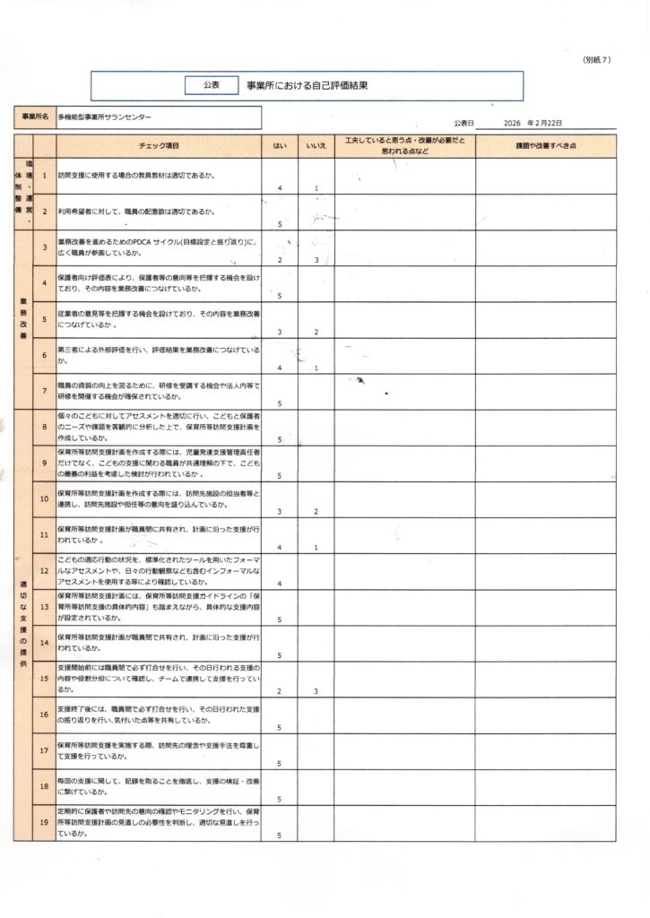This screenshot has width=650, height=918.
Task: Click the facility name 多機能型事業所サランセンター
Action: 105,117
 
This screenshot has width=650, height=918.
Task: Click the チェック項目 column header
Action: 160,145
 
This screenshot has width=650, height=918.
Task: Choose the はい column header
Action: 280,145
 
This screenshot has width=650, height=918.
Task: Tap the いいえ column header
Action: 316,145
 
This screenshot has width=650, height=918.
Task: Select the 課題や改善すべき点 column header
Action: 545,145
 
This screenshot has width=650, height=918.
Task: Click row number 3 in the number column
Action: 45,247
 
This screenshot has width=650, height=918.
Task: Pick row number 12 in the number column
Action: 45,570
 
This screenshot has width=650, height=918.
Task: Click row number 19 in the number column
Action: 45,821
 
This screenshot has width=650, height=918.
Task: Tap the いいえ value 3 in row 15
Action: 316,691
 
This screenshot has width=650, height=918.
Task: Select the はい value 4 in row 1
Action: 281,188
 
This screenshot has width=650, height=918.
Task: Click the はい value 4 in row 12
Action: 281,584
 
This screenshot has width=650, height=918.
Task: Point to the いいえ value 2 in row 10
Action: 316,511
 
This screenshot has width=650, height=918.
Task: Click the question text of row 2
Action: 135,212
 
